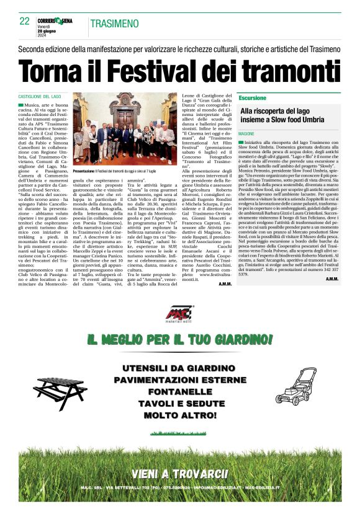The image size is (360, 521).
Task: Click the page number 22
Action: point(24,21)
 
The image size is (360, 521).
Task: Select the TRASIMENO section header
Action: point(114,24)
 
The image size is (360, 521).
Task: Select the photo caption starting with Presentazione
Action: point(120,170)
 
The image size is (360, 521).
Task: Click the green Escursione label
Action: point(253,98)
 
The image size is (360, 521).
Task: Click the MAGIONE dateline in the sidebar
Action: point(246,133)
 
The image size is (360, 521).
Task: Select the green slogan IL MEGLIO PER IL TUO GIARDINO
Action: point(179,339)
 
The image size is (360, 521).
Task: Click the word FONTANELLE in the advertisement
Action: point(179,392)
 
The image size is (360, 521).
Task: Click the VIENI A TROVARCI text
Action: point(179,474)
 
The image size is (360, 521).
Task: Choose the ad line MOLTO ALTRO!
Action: point(179,416)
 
